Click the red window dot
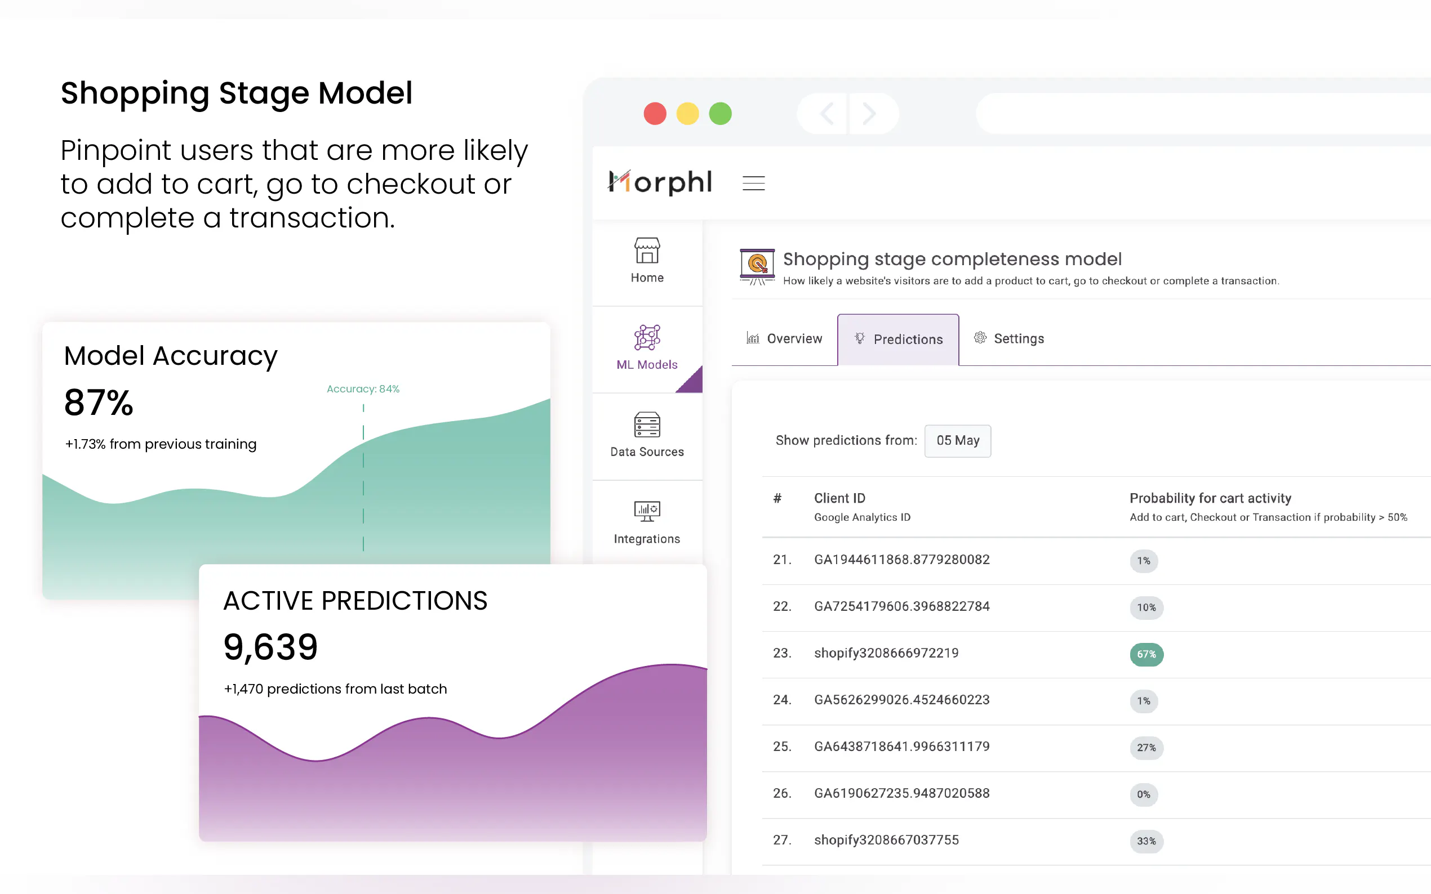(654, 114)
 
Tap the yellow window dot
(687, 114)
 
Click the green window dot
(720, 114)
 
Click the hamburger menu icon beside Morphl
(753, 184)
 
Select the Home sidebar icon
(647, 251)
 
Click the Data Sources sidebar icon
(647, 425)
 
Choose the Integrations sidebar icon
(647, 511)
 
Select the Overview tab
(784, 339)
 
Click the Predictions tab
(898, 339)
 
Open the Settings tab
(1009, 339)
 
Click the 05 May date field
(957, 440)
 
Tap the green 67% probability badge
(1146, 655)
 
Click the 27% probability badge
(1146, 748)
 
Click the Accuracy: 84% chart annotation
(363, 389)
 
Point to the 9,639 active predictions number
(270, 647)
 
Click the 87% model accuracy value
(99, 403)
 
